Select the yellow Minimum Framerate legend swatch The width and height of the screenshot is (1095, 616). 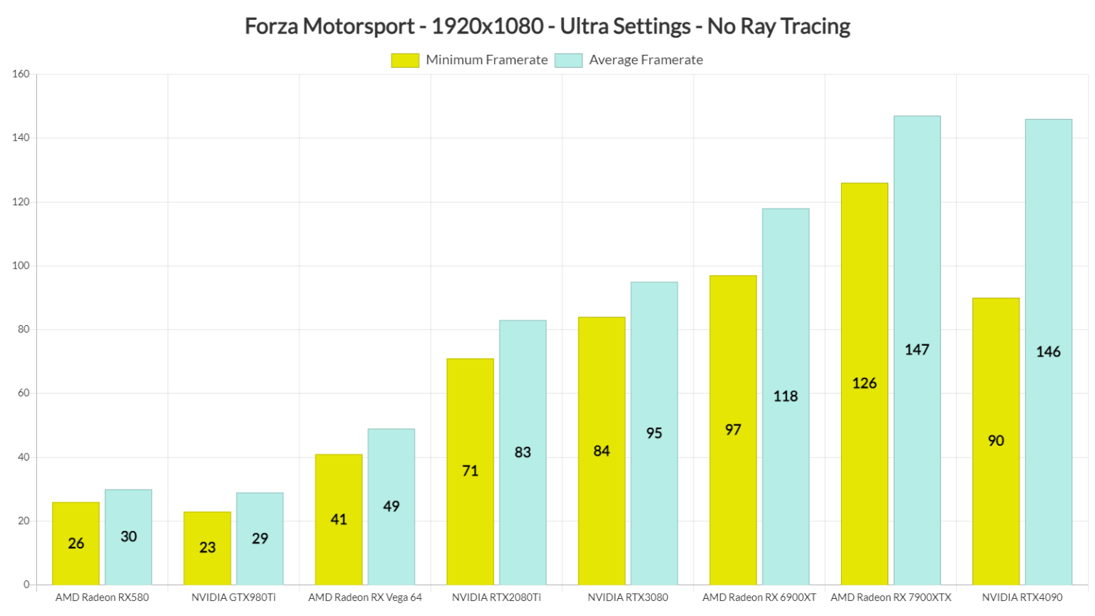coord(405,61)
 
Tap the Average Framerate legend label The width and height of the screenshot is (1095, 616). coord(645,61)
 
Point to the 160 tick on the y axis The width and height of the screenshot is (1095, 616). coord(21,74)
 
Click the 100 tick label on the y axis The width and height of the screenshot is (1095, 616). coord(21,266)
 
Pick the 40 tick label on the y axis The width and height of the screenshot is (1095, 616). coord(24,457)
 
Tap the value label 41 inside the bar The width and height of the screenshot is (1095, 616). coord(339,520)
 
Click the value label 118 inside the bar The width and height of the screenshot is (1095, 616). coord(786,396)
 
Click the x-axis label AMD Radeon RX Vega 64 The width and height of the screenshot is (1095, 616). coord(365,597)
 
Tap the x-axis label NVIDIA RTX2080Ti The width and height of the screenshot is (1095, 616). coord(496,597)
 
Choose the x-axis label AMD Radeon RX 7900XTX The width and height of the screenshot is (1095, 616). coord(890,597)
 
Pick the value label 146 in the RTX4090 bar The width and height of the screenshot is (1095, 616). coord(1048,352)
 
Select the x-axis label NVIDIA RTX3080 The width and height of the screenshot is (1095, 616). coord(627,597)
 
